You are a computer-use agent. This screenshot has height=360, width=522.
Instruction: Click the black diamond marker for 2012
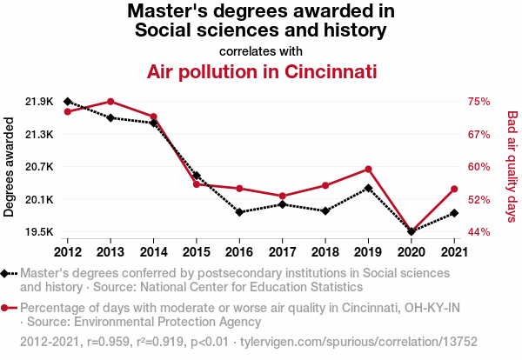[x=67, y=102]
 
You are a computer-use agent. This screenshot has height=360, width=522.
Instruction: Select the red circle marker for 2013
[x=110, y=102]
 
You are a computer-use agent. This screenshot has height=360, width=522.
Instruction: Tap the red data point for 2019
[x=369, y=169]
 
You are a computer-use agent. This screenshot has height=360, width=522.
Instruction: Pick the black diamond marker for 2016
[x=239, y=212]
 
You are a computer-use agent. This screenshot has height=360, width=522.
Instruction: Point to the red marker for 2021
[x=455, y=190]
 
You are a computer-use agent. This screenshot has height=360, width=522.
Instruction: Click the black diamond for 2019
[x=369, y=188]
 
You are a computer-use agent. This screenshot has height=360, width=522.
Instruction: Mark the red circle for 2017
[x=283, y=197]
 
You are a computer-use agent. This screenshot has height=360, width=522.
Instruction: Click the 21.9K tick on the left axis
[x=39, y=102]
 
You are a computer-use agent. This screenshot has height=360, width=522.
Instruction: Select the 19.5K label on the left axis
[x=39, y=232]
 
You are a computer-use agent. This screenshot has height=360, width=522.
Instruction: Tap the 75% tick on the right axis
[x=479, y=102]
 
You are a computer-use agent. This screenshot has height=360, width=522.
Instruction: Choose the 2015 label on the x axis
[x=197, y=252]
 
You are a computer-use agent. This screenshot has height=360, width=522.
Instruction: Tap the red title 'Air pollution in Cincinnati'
[x=261, y=70]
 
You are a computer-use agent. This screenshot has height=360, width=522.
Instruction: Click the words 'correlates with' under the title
[x=261, y=50]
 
